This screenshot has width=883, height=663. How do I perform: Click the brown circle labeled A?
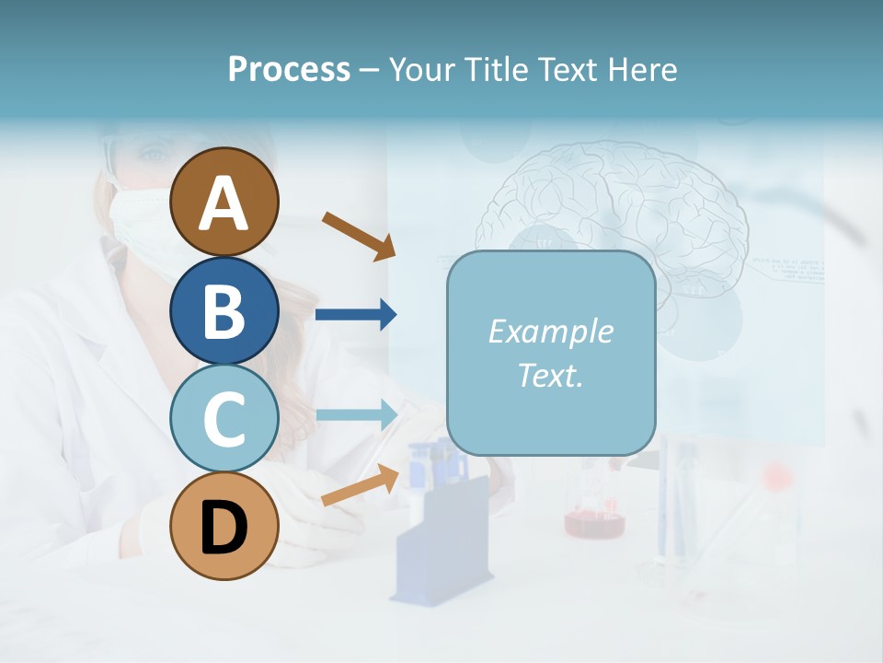[x=224, y=202]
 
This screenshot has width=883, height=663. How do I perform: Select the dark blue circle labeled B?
[x=224, y=310]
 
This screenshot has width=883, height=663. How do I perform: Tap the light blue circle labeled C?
[x=224, y=418]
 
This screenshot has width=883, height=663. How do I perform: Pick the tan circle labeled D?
[x=224, y=526]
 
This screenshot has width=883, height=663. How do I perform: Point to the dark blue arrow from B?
[x=355, y=315]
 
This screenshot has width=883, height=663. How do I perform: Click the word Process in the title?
[x=289, y=69]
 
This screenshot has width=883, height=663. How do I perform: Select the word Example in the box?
[x=550, y=331]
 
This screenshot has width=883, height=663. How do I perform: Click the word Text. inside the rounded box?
[x=550, y=375]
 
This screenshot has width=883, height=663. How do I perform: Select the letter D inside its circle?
[x=224, y=528]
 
